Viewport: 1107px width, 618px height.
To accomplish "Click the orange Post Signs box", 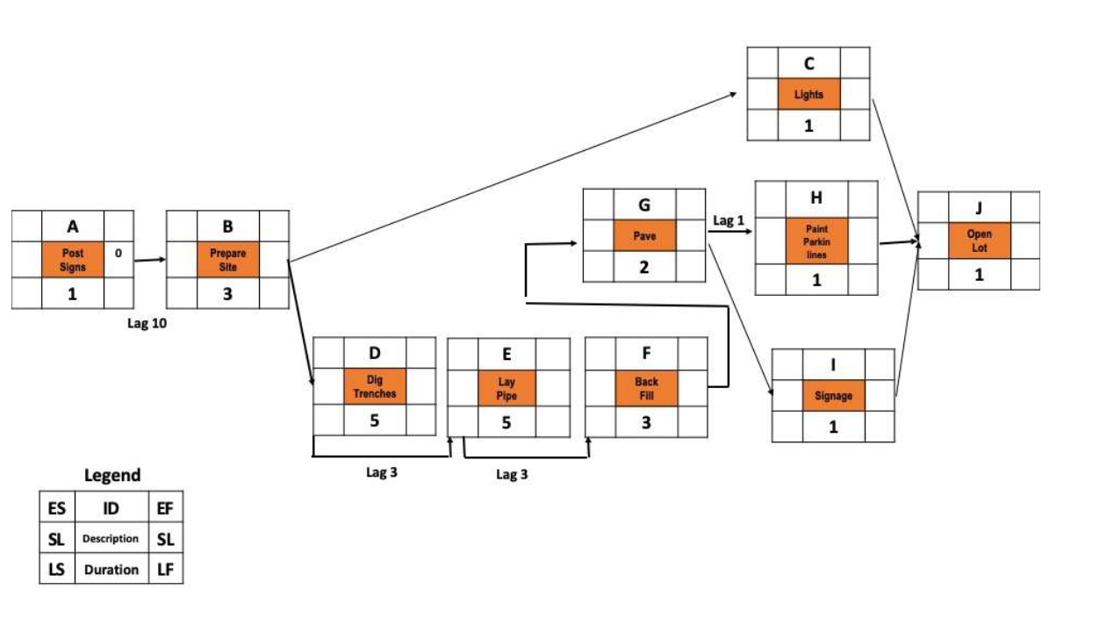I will pos(73,259).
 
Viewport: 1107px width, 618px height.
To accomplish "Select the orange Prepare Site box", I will pos(227,259).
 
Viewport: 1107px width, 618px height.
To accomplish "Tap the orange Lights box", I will pos(809,94).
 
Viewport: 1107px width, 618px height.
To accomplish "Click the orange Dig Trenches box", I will pos(375,387).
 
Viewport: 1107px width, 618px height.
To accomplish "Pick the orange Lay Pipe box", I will pos(507,389).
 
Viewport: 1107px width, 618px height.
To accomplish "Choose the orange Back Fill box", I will pos(646,388).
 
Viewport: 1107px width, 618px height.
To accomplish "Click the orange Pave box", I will pos(644,235).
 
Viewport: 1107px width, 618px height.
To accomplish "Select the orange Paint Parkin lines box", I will pos(816,241).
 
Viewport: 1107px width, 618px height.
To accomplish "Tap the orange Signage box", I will pos(833,396).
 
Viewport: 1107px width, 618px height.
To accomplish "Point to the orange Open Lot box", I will pos(979,241).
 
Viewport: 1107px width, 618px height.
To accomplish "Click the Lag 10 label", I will pos(147,323).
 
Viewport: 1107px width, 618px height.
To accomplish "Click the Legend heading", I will pos(111,475).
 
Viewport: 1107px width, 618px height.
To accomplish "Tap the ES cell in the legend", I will pos(56,507).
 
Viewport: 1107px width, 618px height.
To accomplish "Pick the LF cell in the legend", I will pos(166,570).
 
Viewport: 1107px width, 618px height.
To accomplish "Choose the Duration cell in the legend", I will pos(111,570).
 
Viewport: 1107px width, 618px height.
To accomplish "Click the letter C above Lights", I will pos(809,63).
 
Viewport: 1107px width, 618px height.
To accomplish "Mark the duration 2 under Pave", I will pos(644,267).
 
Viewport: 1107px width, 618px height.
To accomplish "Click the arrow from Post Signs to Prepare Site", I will pos(150,260).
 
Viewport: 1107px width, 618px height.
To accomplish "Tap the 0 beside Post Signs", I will pos(119,254).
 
